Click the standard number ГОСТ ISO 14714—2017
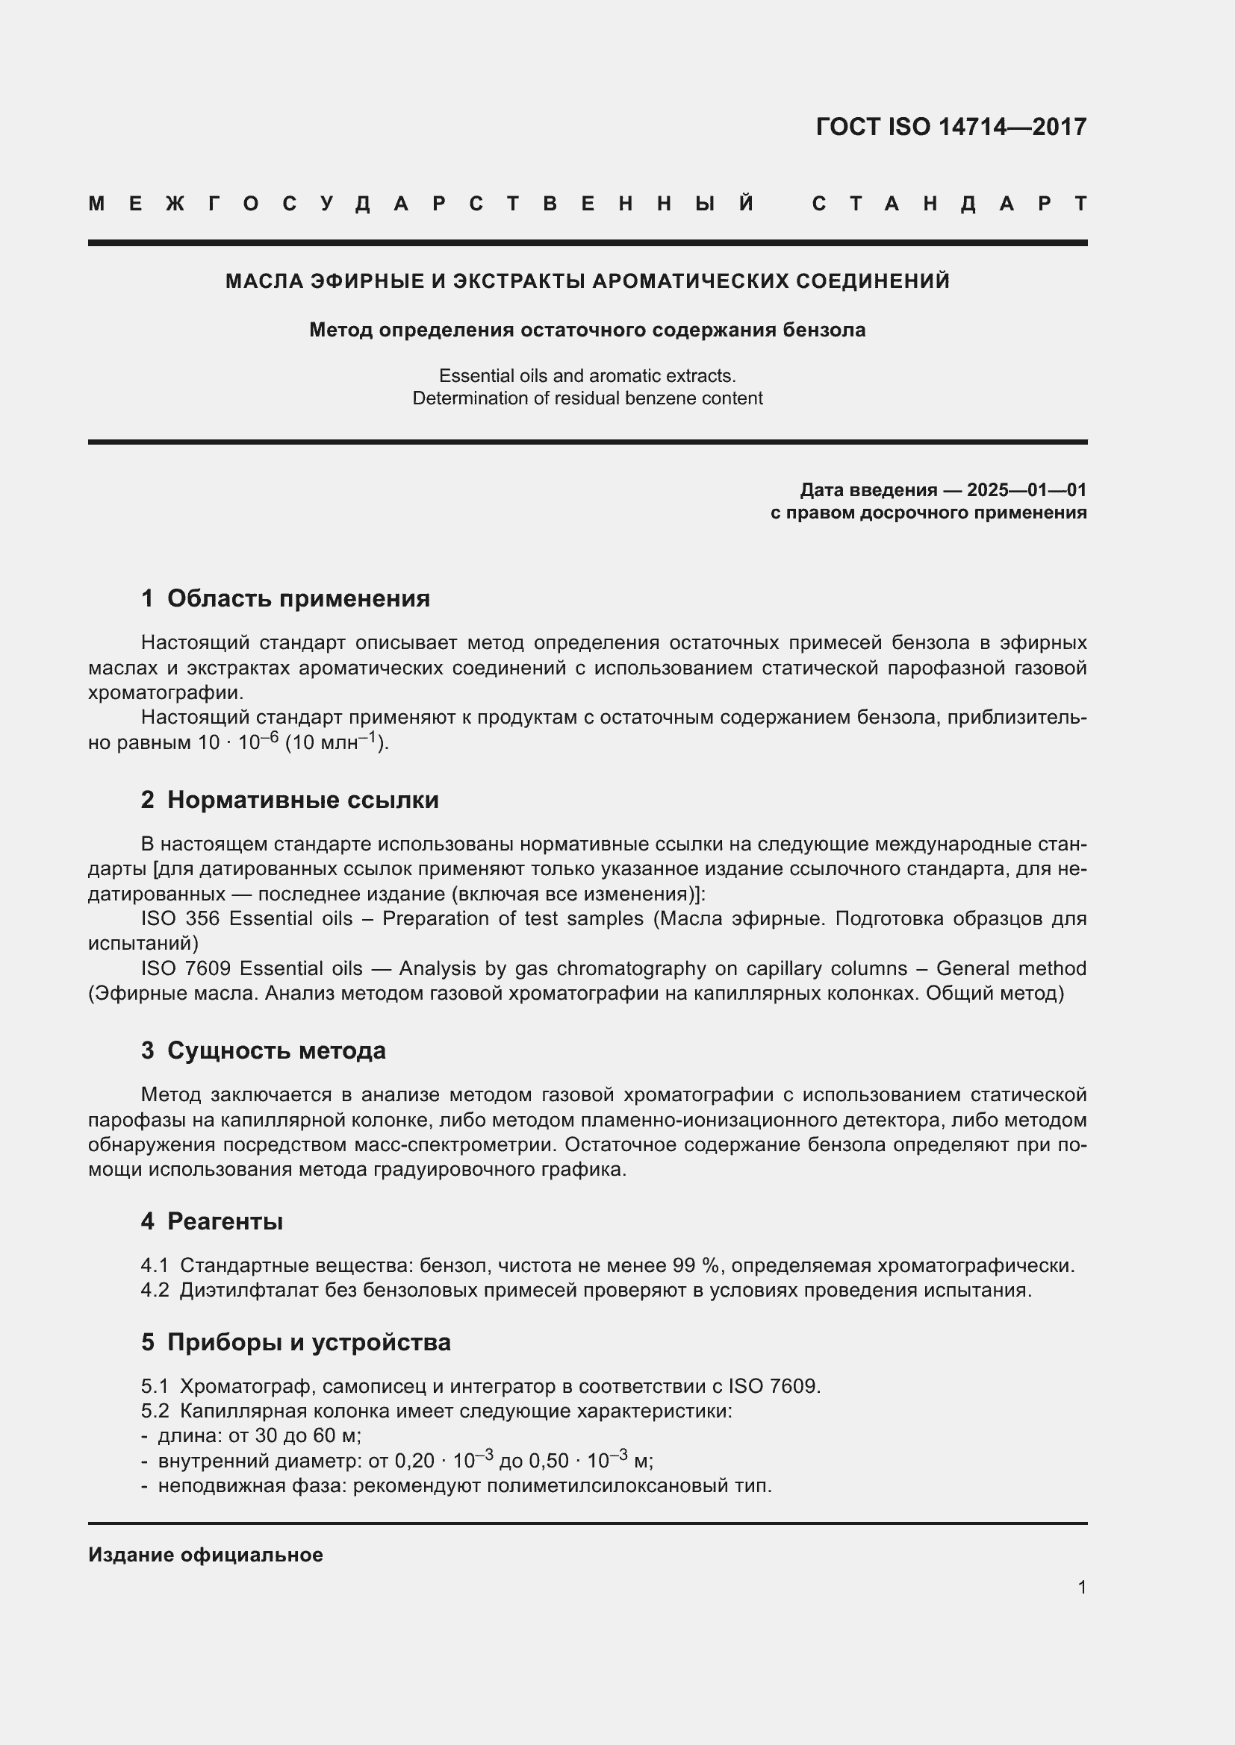coord(951,126)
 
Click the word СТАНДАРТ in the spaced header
coord(950,204)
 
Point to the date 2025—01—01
coord(1026,489)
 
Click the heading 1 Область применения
coord(285,598)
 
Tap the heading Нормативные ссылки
coord(302,800)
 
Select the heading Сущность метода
coord(276,1050)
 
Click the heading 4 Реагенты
coord(212,1221)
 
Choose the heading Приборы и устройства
coord(309,1342)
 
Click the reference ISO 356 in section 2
coord(180,918)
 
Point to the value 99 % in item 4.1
coord(696,1265)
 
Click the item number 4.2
coord(155,1290)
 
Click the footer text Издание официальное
coord(205,1555)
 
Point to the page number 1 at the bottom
coord(1081,1587)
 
